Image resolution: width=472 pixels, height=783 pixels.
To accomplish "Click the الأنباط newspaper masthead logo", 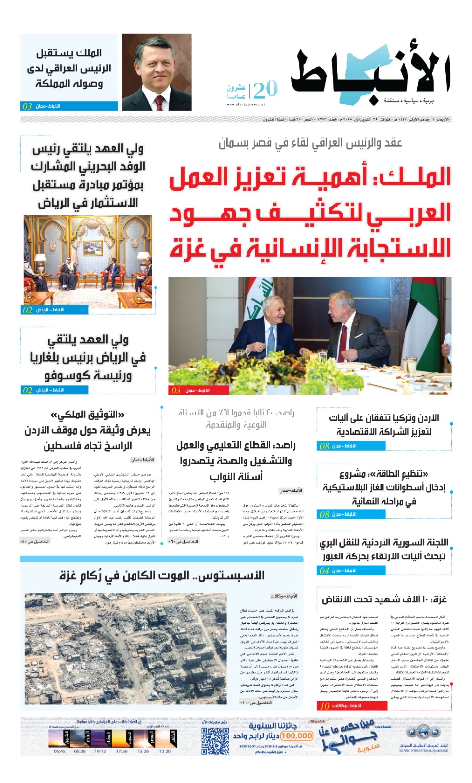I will [x=370, y=75].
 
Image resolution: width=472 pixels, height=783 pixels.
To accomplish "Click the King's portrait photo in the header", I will [x=157, y=72].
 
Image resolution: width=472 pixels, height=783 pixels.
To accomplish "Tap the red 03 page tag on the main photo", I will [x=176, y=391].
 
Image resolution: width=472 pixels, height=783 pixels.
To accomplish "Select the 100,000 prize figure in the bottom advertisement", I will [x=297, y=736].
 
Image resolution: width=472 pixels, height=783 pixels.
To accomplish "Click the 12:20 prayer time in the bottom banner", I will [x=165, y=751].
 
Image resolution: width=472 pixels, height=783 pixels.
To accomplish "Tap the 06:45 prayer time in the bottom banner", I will [x=59, y=751].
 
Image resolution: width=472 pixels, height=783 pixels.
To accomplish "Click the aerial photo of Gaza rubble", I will [x=126, y=648].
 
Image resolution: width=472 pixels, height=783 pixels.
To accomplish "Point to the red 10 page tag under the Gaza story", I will [x=325, y=706].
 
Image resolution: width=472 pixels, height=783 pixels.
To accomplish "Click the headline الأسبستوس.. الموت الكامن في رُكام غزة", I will [x=162, y=576].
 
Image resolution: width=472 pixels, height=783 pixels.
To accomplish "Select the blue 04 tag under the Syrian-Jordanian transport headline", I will [x=325, y=570].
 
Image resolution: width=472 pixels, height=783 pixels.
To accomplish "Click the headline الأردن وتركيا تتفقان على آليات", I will [x=384, y=418].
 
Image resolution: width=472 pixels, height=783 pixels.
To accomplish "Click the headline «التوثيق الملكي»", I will [x=88, y=415].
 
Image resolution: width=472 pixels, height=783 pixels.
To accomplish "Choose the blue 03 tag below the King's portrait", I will [x=27, y=106].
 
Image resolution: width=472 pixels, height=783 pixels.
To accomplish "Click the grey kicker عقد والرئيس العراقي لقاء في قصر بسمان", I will [x=310, y=143].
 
